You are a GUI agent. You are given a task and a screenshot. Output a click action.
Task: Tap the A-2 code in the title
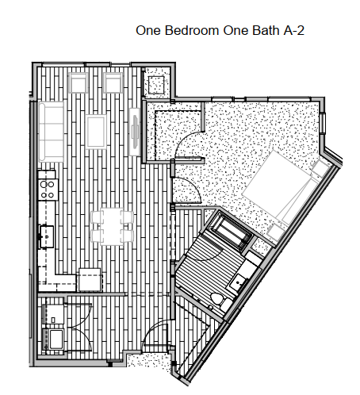(290, 32)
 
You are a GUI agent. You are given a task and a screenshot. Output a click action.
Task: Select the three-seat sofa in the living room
(52, 129)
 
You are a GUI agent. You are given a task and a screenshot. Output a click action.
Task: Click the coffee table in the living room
(97, 131)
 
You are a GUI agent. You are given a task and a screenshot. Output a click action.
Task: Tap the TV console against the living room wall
(136, 130)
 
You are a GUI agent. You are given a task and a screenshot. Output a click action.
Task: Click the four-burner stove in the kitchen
(47, 188)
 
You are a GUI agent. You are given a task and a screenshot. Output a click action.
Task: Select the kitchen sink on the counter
(46, 233)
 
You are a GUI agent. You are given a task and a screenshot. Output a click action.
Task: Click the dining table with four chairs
(110, 224)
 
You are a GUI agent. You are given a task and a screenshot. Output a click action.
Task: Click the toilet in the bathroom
(216, 299)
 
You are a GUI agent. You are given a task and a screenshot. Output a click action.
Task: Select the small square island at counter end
(89, 280)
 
